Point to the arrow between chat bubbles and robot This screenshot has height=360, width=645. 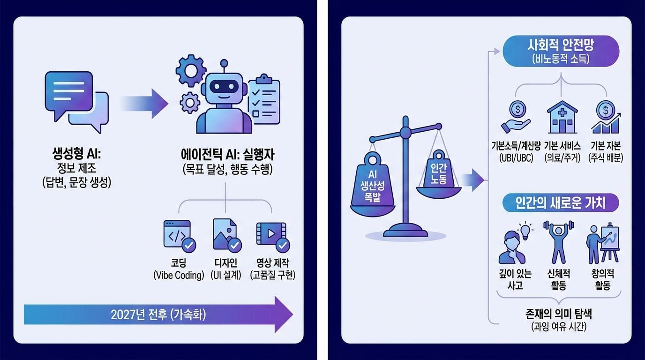tap(145, 103)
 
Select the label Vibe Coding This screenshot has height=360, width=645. tap(179, 276)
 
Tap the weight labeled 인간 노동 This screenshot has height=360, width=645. tap(438, 173)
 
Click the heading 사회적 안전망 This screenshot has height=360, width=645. tap(561, 47)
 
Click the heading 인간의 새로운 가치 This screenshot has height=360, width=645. tap(560, 203)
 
